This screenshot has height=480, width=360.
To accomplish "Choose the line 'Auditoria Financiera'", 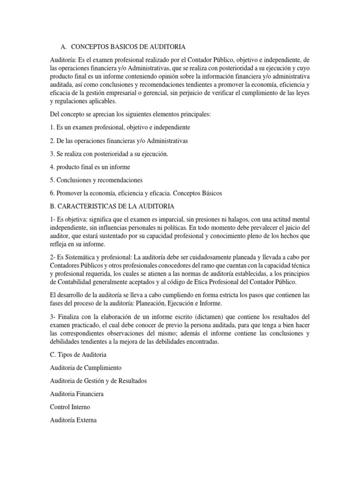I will point(77,394).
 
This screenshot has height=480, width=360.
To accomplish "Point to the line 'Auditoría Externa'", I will point(73,420).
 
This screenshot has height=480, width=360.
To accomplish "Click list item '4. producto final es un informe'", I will point(90,167).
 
